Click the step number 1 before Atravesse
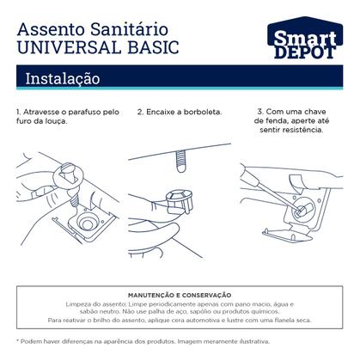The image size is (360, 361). [x=18, y=112]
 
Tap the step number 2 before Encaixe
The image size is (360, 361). [x=139, y=112]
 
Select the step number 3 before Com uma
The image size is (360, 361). [x=260, y=112]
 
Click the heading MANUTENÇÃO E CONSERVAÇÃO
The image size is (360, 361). [x=180, y=294]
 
